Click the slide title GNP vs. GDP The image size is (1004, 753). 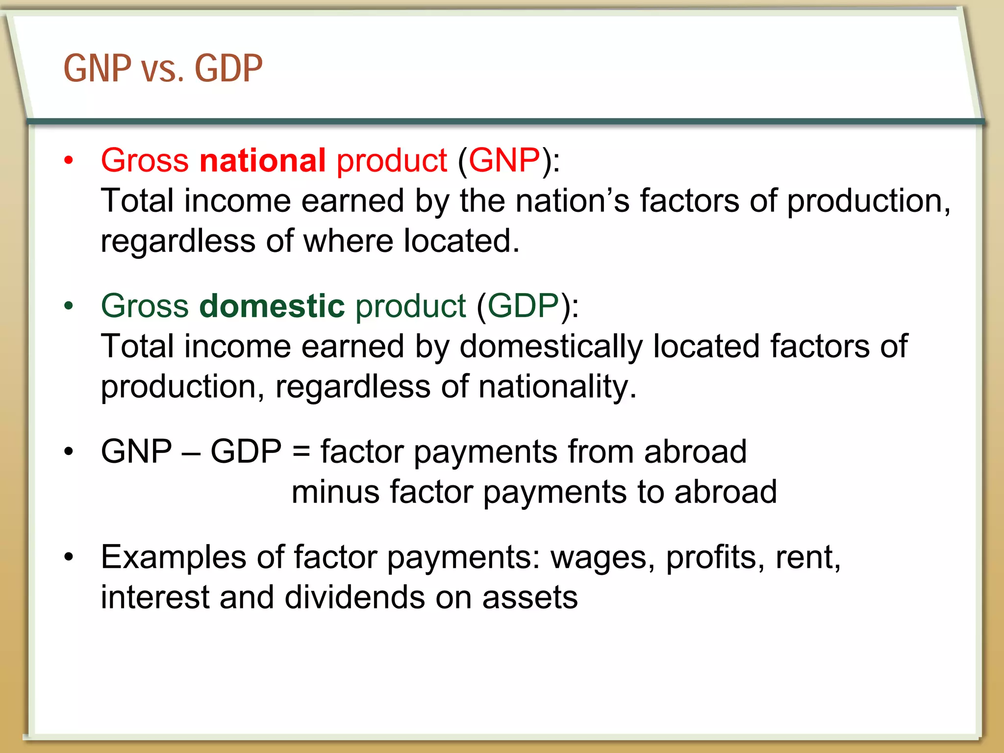tap(163, 69)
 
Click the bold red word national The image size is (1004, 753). tap(262, 160)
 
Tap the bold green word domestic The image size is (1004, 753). tap(272, 306)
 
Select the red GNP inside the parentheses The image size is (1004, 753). tap(504, 160)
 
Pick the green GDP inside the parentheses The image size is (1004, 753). tap(523, 306)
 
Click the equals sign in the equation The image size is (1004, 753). tap(301, 452)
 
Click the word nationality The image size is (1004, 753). tap(557, 387)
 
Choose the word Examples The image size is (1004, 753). tap(174, 558)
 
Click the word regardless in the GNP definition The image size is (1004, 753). tap(178, 241)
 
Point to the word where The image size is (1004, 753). tap(348, 241)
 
